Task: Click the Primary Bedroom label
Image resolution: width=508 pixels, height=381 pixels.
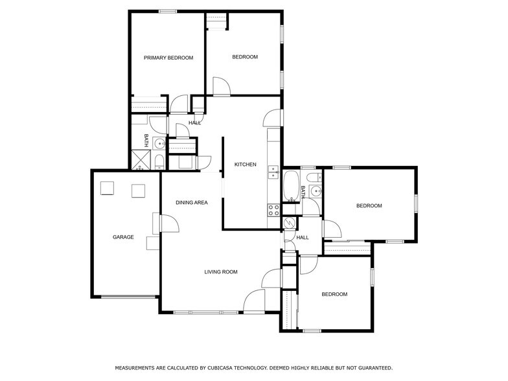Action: (168, 58)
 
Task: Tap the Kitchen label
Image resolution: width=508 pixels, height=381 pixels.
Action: (246, 165)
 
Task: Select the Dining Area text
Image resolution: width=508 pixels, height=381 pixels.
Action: (192, 203)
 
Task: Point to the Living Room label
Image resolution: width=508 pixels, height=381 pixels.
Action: (221, 272)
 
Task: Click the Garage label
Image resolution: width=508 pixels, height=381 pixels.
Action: (123, 237)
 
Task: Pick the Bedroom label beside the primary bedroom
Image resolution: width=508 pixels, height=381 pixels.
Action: (245, 57)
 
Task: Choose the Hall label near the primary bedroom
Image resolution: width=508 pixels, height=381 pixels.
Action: (194, 123)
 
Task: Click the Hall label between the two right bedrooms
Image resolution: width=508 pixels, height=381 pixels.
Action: (303, 238)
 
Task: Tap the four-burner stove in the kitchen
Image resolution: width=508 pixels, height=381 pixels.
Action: (273, 209)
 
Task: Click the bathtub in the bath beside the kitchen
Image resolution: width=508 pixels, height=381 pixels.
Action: (291, 186)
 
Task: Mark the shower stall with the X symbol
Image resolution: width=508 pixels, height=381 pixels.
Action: (141, 159)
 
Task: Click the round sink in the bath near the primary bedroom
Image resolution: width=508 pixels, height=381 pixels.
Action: (159, 144)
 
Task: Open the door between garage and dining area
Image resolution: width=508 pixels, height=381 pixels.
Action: (170, 224)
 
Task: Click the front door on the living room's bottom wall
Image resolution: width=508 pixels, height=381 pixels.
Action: (255, 301)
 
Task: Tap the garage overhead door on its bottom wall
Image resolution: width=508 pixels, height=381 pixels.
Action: (130, 297)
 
